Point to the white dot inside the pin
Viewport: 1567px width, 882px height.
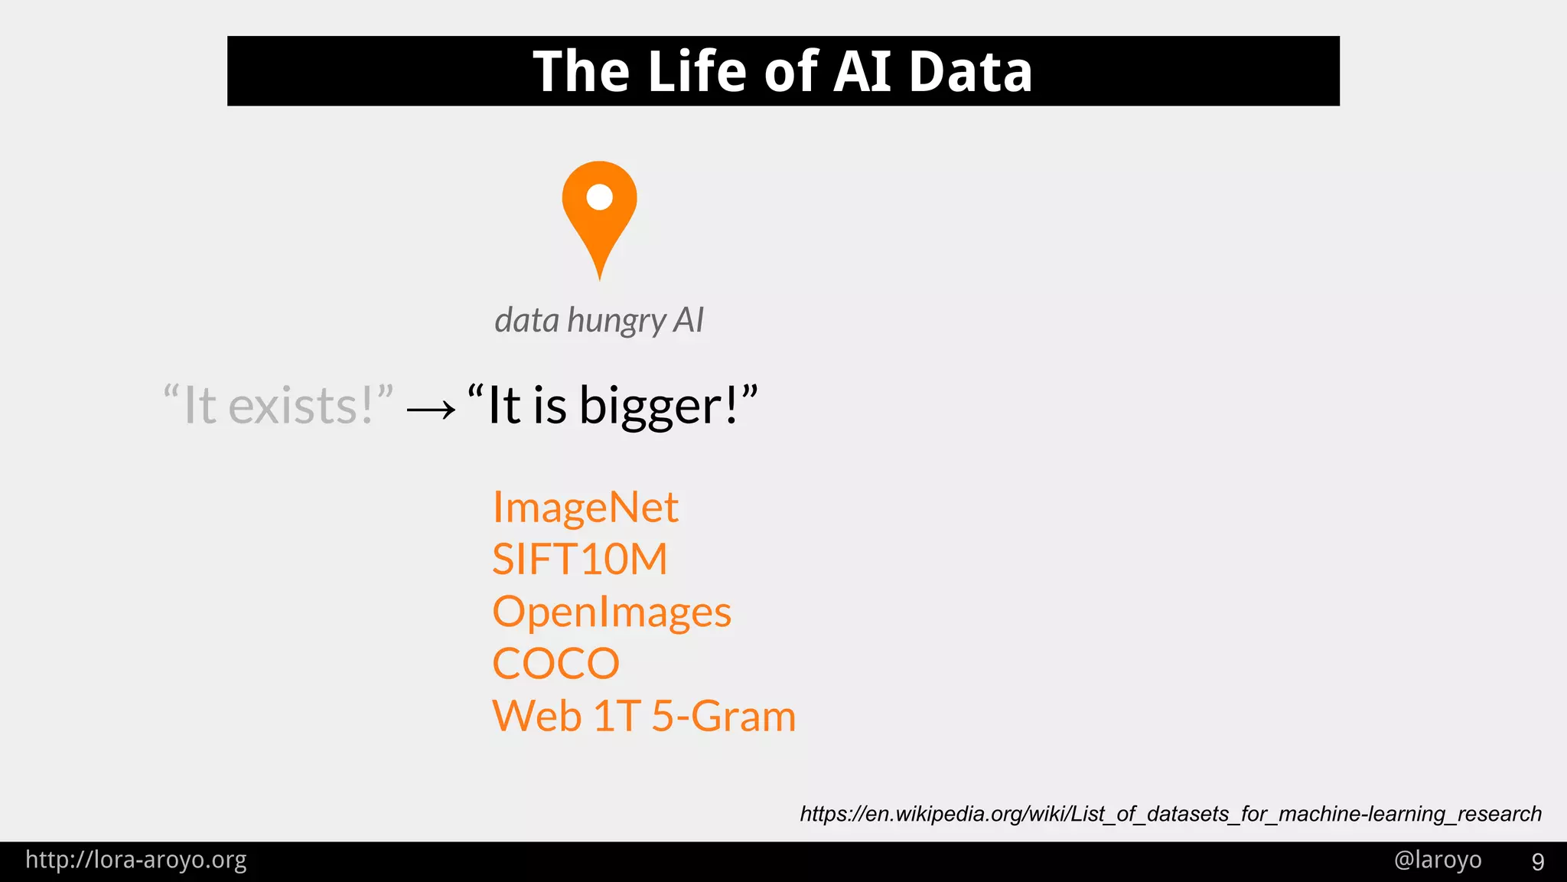(x=599, y=198)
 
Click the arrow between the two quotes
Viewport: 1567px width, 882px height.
(x=431, y=410)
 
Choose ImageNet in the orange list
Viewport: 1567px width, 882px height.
(x=585, y=508)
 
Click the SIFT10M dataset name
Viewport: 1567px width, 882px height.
(x=579, y=560)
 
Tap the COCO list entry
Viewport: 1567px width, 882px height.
(x=555, y=664)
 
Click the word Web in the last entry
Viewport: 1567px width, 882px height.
(x=536, y=717)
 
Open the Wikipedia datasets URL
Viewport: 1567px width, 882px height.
(x=1170, y=813)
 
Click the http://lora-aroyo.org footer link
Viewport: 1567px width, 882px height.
(x=136, y=860)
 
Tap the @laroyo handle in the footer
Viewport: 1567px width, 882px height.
(x=1437, y=860)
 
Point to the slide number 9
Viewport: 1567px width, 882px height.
(x=1537, y=862)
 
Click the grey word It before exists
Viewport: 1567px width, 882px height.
(x=200, y=406)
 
